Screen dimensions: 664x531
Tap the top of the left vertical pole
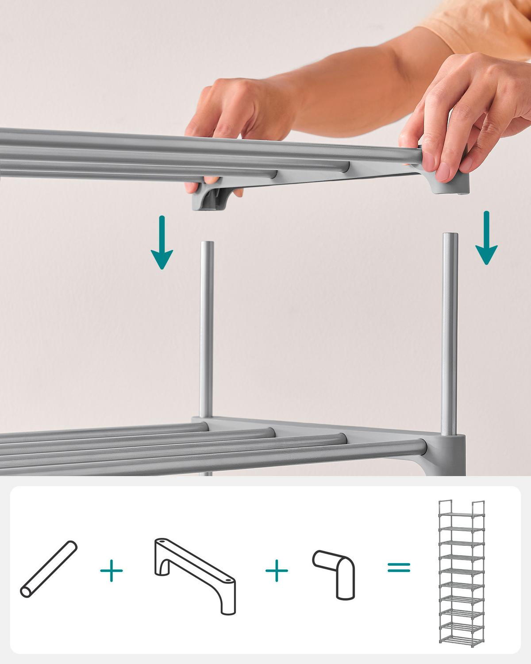pyautogui.click(x=207, y=244)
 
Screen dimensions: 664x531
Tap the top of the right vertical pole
pyautogui.click(x=450, y=236)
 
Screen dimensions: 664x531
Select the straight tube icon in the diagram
pyautogui.click(x=49, y=569)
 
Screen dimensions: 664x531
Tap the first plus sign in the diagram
pyautogui.click(x=112, y=571)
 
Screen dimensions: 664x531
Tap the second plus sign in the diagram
pyautogui.click(x=277, y=570)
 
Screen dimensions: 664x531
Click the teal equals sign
pyautogui.click(x=399, y=567)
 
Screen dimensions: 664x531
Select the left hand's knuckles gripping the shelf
pyautogui.click(x=221, y=95)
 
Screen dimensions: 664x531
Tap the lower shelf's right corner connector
pyautogui.click(x=451, y=447)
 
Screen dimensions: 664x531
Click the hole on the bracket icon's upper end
pyautogui.click(x=162, y=542)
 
